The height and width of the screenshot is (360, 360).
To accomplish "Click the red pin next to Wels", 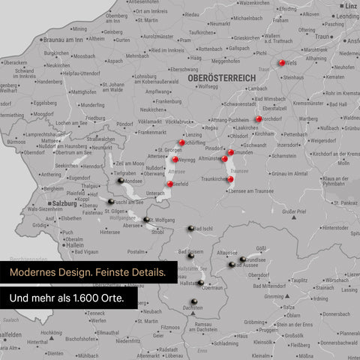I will tap(282, 63).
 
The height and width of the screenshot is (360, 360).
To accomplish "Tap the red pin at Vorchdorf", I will tap(258, 118).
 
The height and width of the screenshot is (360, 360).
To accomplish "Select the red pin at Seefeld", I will tap(171, 184).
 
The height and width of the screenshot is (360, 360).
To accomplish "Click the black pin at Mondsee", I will tap(118, 179).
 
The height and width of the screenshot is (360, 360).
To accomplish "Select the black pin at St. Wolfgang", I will tap(146, 220).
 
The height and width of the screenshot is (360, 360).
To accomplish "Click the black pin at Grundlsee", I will tap(239, 255).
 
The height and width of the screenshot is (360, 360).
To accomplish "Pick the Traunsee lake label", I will tap(239, 172).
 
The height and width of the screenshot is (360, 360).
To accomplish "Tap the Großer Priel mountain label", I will tap(293, 212).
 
